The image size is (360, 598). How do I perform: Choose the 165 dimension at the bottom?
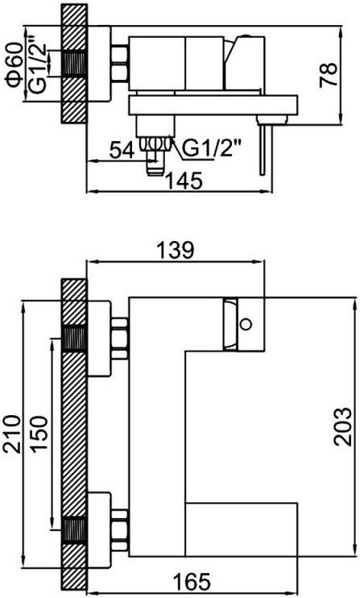pos(192,580)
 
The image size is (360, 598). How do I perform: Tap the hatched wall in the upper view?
pos(74,64)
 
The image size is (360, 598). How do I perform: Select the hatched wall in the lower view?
pos(74,435)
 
